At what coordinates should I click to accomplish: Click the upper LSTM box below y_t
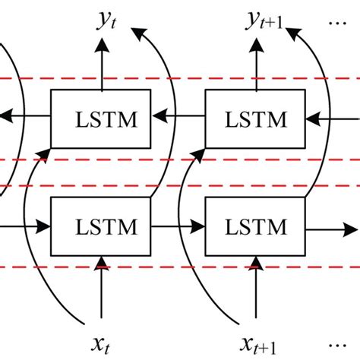tap(100, 119)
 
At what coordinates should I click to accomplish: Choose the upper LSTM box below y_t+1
tap(256, 119)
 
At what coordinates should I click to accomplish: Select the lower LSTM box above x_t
tap(100, 226)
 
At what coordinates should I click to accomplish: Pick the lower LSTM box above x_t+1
tap(256, 226)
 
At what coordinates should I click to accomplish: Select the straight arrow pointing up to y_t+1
tap(257, 65)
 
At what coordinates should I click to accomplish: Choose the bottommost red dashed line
tap(180, 267)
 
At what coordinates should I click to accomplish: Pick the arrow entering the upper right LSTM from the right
tap(334, 118)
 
